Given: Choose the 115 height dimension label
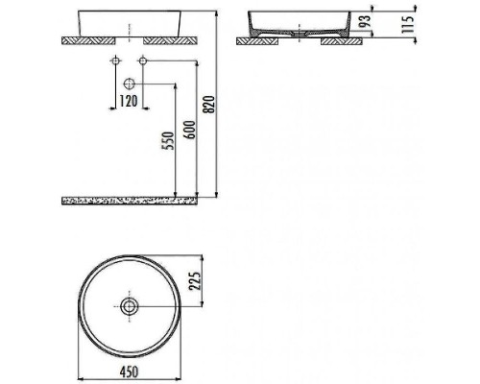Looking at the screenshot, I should click(407, 23).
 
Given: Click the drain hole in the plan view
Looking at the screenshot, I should click(128, 306).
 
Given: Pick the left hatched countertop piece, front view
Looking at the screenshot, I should click(88, 41).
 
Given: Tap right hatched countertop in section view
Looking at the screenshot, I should click(341, 41).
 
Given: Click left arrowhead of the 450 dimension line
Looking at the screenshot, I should click(78, 359).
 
